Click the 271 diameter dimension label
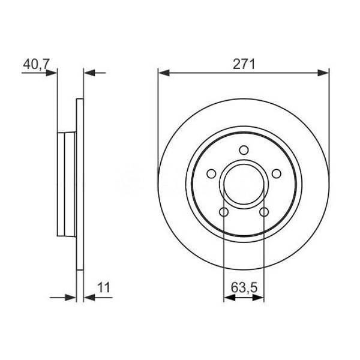(x=244, y=64)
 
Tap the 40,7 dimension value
(x=36, y=64)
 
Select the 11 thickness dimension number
(x=104, y=287)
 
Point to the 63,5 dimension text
(x=244, y=287)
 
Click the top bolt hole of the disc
(x=244, y=150)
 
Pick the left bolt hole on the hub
(x=211, y=173)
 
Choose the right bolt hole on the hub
(x=277, y=173)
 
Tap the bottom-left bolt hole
(x=224, y=212)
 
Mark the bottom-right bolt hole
(x=264, y=212)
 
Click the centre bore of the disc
(x=244, y=184)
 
